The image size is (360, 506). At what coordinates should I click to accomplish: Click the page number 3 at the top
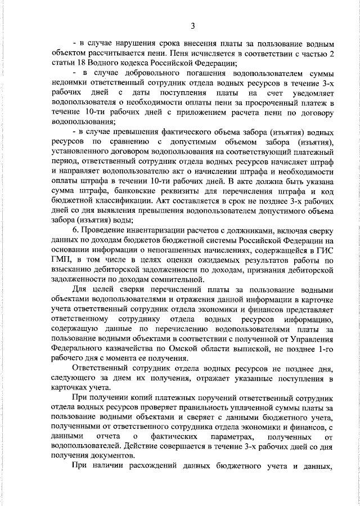pyautogui.click(x=192, y=25)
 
